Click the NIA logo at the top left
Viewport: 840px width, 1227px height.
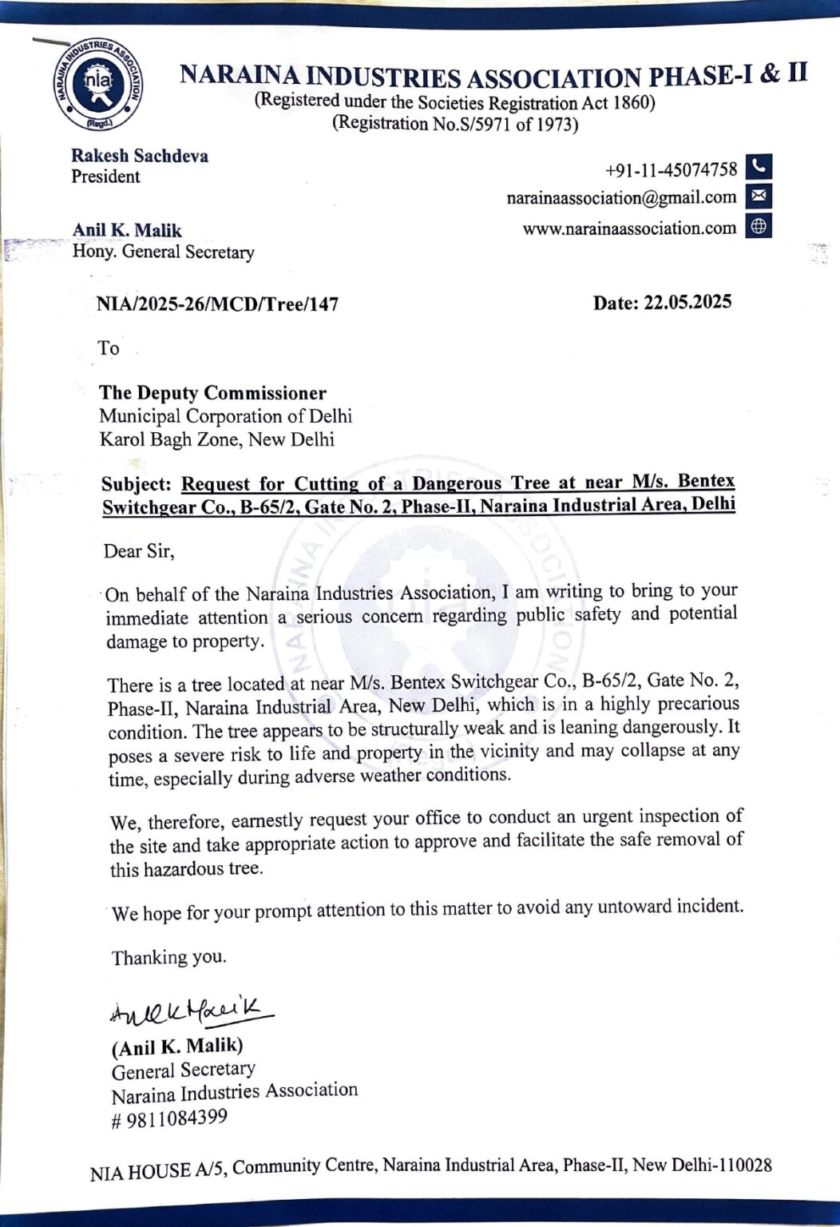[x=100, y=84]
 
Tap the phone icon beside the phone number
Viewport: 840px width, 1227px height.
[x=759, y=167]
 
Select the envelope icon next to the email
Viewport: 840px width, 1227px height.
[x=759, y=196]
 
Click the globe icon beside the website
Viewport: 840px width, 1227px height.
[x=759, y=227]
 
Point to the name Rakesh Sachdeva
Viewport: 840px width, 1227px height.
[x=140, y=156]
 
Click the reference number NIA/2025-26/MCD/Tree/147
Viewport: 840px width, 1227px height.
[x=217, y=304]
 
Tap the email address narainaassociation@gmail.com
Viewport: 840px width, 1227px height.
[x=621, y=197]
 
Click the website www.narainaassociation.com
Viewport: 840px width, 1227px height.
[x=629, y=228]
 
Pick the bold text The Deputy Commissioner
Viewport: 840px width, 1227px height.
[x=212, y=393]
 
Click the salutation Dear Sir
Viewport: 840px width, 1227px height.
[x=139, y=551]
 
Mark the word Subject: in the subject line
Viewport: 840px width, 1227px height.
[x=136, y=485]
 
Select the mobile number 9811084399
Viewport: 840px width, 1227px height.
[x=176, y=1118]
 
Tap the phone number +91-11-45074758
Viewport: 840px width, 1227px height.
[x=671, y=170]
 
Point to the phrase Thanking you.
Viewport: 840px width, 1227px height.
[x=168, y=957]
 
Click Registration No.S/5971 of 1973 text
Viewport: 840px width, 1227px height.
[x=455, y=124]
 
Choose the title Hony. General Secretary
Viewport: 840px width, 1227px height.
[x=163, y=252]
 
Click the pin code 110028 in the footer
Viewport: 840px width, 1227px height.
[x=745, y=1165]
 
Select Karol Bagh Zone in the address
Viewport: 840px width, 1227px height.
[x=168, y=440]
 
